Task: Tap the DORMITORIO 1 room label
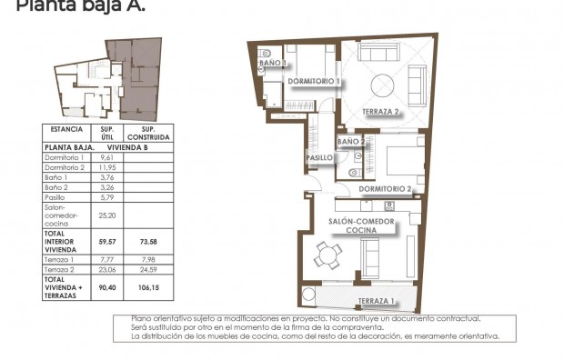(x=314, y=82)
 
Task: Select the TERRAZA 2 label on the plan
(x=382, y=112)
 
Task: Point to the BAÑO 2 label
(x=351, y=142)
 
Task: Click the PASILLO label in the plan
(x=317, y=158)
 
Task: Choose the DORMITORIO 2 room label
(x=386, y=189)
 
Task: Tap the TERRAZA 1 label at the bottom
(x=376, y=301)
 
